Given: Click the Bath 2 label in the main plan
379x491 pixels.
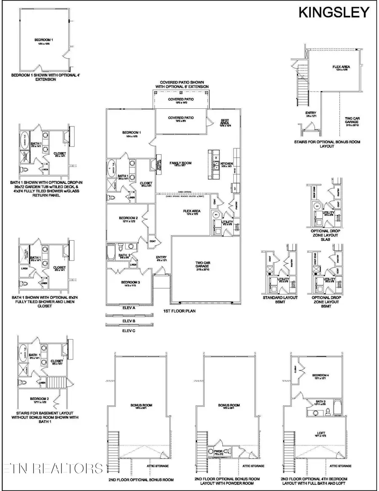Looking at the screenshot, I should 123,255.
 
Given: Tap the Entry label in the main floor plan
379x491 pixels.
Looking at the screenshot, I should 161,258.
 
